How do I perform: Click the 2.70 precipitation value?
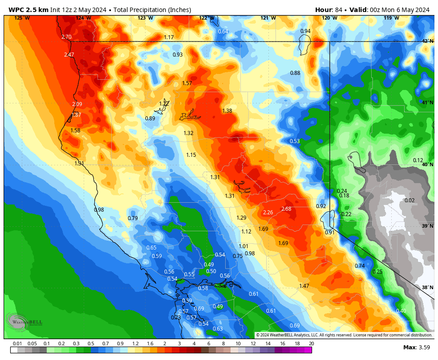click(66, 37)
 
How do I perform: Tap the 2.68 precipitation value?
click(286, 209)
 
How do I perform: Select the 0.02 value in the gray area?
click(410, 200)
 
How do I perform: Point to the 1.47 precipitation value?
click(304, 286)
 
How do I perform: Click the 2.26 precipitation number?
click(268, 212)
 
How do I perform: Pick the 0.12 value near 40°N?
click(418, 160)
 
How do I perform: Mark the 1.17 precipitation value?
click(169, 37)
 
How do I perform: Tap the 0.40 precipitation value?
click(401, 311)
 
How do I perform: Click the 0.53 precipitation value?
click(295, 141)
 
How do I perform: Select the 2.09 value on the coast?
click(77, 104)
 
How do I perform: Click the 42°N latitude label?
click(427, 41)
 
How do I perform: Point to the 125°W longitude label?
click(22, 18)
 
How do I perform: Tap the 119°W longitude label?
click(391, 18)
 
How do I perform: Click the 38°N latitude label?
click(427, 287)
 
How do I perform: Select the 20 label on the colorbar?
click(311, 344)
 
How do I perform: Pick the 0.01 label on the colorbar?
click(17, 344)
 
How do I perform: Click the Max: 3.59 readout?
click(416, 347)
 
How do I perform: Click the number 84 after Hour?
click(338, 10)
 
